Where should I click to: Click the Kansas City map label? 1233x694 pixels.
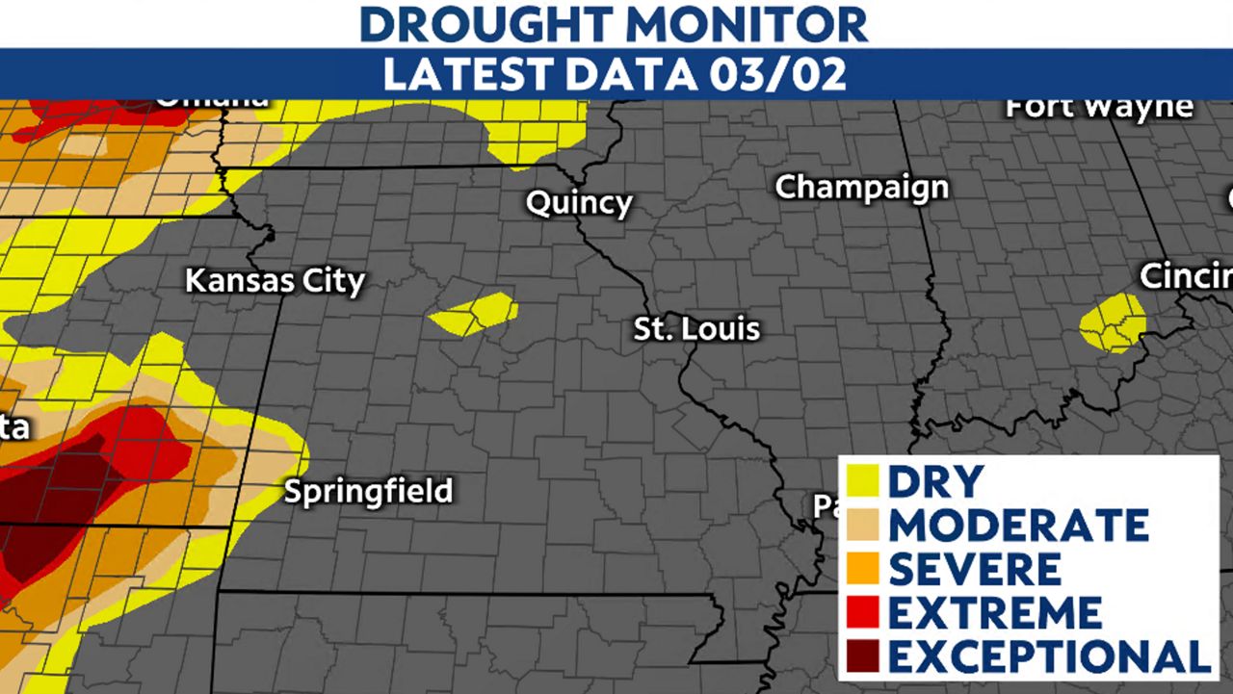tap(275, 282)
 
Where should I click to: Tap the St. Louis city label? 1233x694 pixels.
tap(696, 329)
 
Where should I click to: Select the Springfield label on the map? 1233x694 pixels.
tap(368, 491)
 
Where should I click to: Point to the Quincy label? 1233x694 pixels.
tap(578, 203)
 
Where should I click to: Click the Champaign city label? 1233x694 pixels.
tap(862, 187)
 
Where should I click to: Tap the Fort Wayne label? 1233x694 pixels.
tap(1099, 107)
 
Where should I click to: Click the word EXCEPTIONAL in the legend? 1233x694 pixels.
tap(1048, 656)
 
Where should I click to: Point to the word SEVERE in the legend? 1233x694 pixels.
tap(974, 570)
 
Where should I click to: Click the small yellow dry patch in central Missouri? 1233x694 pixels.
tap(474, 314)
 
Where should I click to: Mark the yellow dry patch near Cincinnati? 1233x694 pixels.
tap(1113, 321)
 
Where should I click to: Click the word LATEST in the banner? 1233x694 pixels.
tap(454, 75)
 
